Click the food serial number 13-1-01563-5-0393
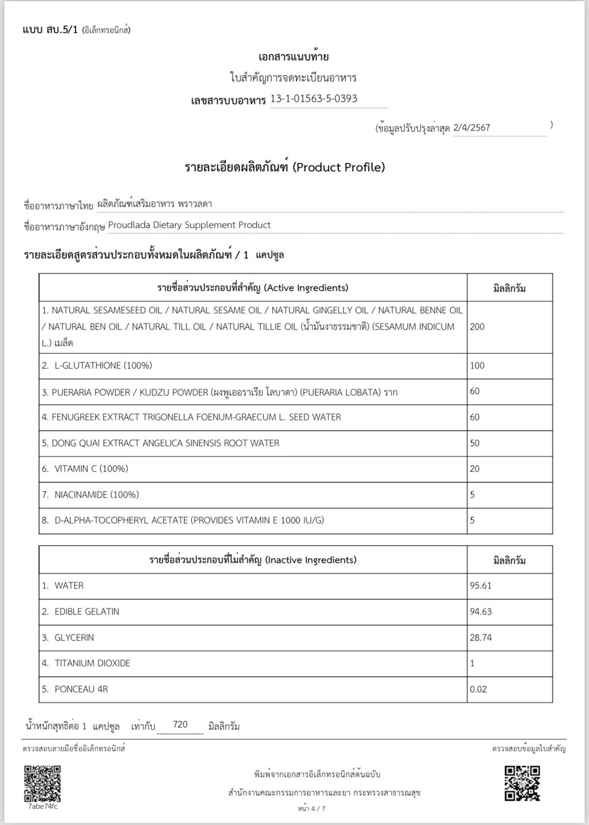(314, 99)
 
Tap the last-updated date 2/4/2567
(471, 127)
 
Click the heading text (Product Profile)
(339, 167)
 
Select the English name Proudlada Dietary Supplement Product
(189, 225)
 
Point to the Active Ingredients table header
(253, 288)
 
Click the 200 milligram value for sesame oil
(477, 327)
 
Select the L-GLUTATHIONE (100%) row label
(103, 365)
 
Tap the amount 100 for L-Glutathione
(477, 365)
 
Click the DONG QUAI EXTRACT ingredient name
(165, 443)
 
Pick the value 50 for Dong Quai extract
(475, 443)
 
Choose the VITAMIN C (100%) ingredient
(91, 468)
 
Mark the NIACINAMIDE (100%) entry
(96, 494)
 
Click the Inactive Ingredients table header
(253, 560)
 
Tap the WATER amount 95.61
(481, 585)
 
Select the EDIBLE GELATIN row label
(87, 612)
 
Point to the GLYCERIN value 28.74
(481, 637)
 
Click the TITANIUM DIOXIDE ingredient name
(92, 663)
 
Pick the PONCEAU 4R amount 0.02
(478, 689)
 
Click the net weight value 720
(180, 724)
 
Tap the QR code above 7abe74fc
(42, 783)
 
